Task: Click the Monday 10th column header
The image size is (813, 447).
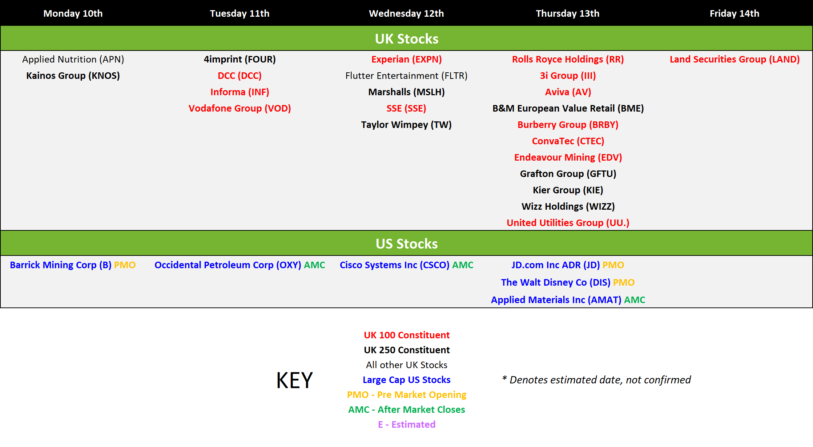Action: point(73,13)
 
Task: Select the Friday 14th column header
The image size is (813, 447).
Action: point(734,13)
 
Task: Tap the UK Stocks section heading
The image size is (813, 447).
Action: point(407,39)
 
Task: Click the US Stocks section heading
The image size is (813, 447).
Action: point(407,243)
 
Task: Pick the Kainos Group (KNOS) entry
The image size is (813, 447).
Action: point(73,76)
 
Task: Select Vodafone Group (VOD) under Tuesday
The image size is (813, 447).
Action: point(240,108)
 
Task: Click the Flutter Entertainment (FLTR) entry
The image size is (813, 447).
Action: point(406,76)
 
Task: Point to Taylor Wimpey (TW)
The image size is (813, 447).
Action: point(406,125)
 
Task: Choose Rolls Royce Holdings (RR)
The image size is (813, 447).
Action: point(568,59)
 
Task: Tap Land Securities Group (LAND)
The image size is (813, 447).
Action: point(734,59)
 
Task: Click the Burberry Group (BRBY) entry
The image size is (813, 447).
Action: point(568,125)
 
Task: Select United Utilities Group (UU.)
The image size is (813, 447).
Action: point(568,223)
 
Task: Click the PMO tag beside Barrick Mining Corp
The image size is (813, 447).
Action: point(125,265)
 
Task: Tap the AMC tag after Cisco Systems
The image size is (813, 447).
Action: point(463,265)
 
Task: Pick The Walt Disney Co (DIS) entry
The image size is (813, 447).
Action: point(555,282)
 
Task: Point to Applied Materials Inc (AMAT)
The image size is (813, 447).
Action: point(556,300)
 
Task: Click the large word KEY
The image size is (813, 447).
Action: point(294,380)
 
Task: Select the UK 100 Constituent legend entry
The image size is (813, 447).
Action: point(407,335)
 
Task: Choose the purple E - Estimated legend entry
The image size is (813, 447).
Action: point(407,424)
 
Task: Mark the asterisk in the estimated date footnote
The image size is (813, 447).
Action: point(504,378)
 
